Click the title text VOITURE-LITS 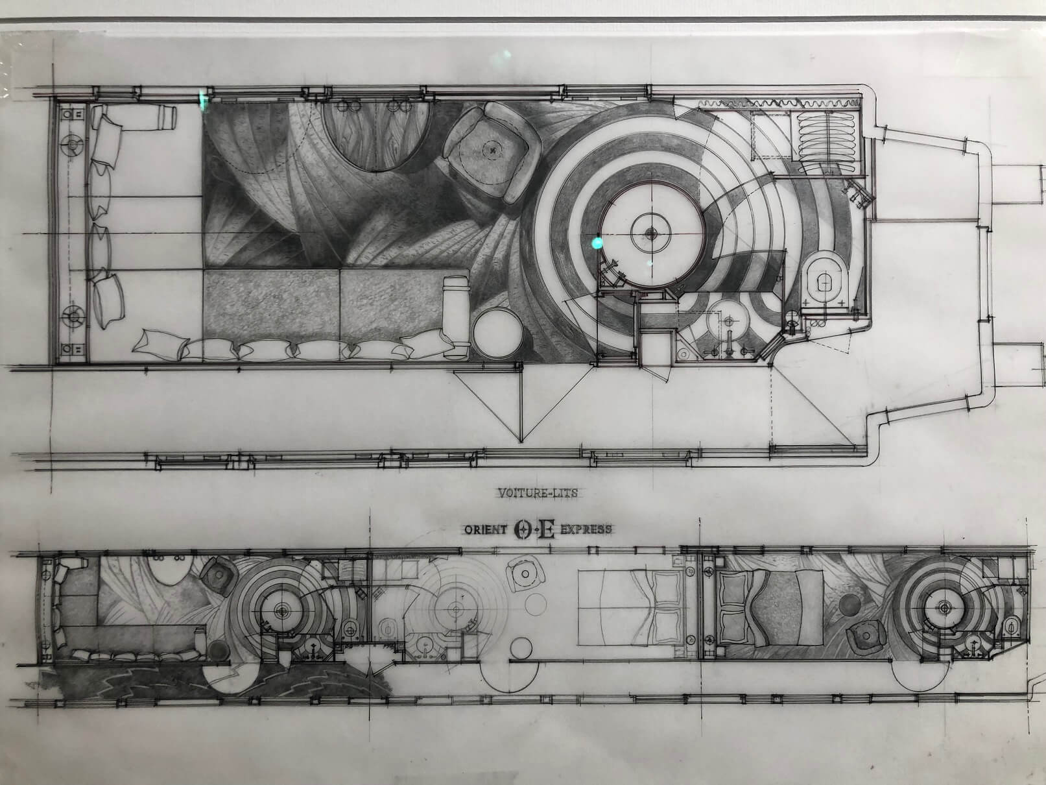538,493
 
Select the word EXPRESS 586,529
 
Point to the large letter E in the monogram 547,529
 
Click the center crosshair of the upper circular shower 650,233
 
